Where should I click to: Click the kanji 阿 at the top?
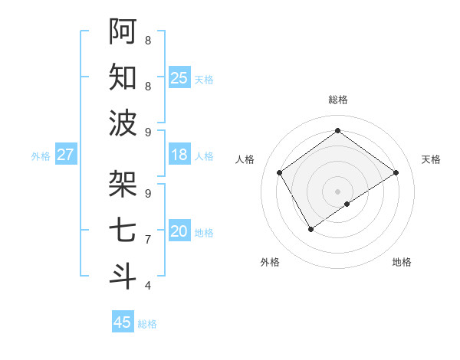(x=123, y=31)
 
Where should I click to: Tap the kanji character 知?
(x=123, y=77)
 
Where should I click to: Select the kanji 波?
(x=123, y=123)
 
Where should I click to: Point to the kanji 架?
(x=123, y=183)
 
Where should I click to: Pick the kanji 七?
(x=123, y=230)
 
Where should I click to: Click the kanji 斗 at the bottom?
(x=123, y=275)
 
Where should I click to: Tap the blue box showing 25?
(x=179, y=78)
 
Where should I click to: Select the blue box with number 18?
(x=179, y=155)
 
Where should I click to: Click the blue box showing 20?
(x=179, y=231)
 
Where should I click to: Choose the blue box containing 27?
(x=66, y=155)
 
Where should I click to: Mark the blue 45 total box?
(x=123, y=322)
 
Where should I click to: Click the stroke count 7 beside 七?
(x=148, y=240)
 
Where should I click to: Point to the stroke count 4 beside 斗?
(x=148, y=286)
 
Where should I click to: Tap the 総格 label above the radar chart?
(x=337, y=100)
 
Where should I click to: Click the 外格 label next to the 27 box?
(x=41, y=156)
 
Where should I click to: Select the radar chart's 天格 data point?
(x=396, y=172)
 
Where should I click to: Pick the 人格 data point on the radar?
(x=279, y=172)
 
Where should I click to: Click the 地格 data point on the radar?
(x=347, y=204)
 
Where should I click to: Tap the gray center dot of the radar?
(x=337, y=191)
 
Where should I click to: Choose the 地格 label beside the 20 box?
(x=204, y=233)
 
